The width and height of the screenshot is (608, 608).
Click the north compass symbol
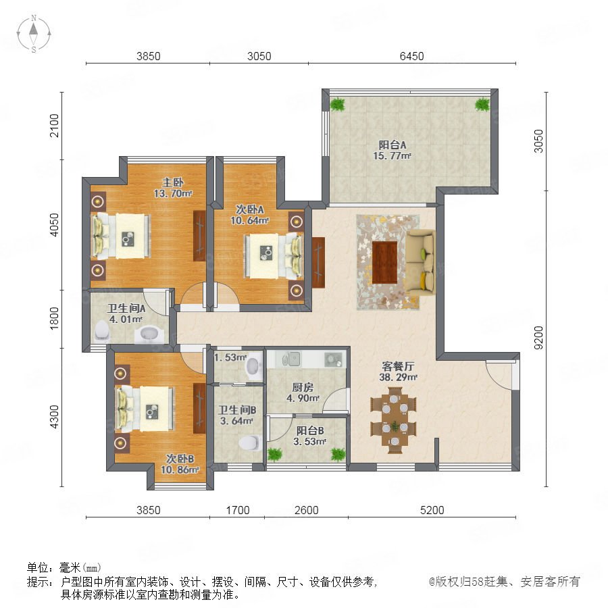point(34,33)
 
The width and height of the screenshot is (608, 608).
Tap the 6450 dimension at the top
point(412,56)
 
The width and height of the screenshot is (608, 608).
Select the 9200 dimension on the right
point(538,337)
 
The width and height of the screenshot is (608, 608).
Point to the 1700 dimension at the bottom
point(238,510)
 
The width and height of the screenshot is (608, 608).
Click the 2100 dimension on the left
point(54,125)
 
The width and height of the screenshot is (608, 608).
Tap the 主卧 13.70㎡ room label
point(173,188)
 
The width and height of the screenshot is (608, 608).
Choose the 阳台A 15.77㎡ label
point(392,151)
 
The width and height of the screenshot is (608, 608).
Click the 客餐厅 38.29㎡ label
point(398,372)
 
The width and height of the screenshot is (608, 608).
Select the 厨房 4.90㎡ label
point(303,392)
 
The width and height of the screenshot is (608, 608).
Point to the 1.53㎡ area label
point(230,357)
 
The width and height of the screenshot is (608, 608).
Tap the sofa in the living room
point(420,262)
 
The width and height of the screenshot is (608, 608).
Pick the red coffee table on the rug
point(384,262)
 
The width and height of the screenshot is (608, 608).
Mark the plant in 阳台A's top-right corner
point(482,104)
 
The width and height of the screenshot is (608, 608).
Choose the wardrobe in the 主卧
point(199,236)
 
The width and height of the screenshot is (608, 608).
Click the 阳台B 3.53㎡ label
point(309,436)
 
